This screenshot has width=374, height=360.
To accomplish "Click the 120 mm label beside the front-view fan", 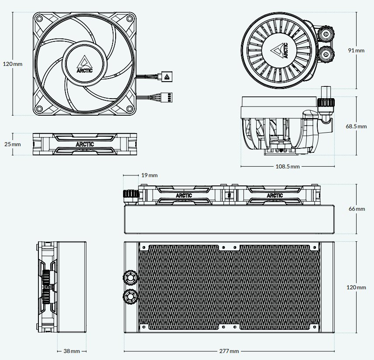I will point(12,64).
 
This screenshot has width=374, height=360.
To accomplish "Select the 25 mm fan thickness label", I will point(12,144).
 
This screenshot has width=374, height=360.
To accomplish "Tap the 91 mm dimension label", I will point(356,51).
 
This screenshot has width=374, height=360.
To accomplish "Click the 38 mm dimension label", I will point(72,351).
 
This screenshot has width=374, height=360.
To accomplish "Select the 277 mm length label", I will point(229,351).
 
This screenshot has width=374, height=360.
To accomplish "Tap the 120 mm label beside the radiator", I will point(356,287).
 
